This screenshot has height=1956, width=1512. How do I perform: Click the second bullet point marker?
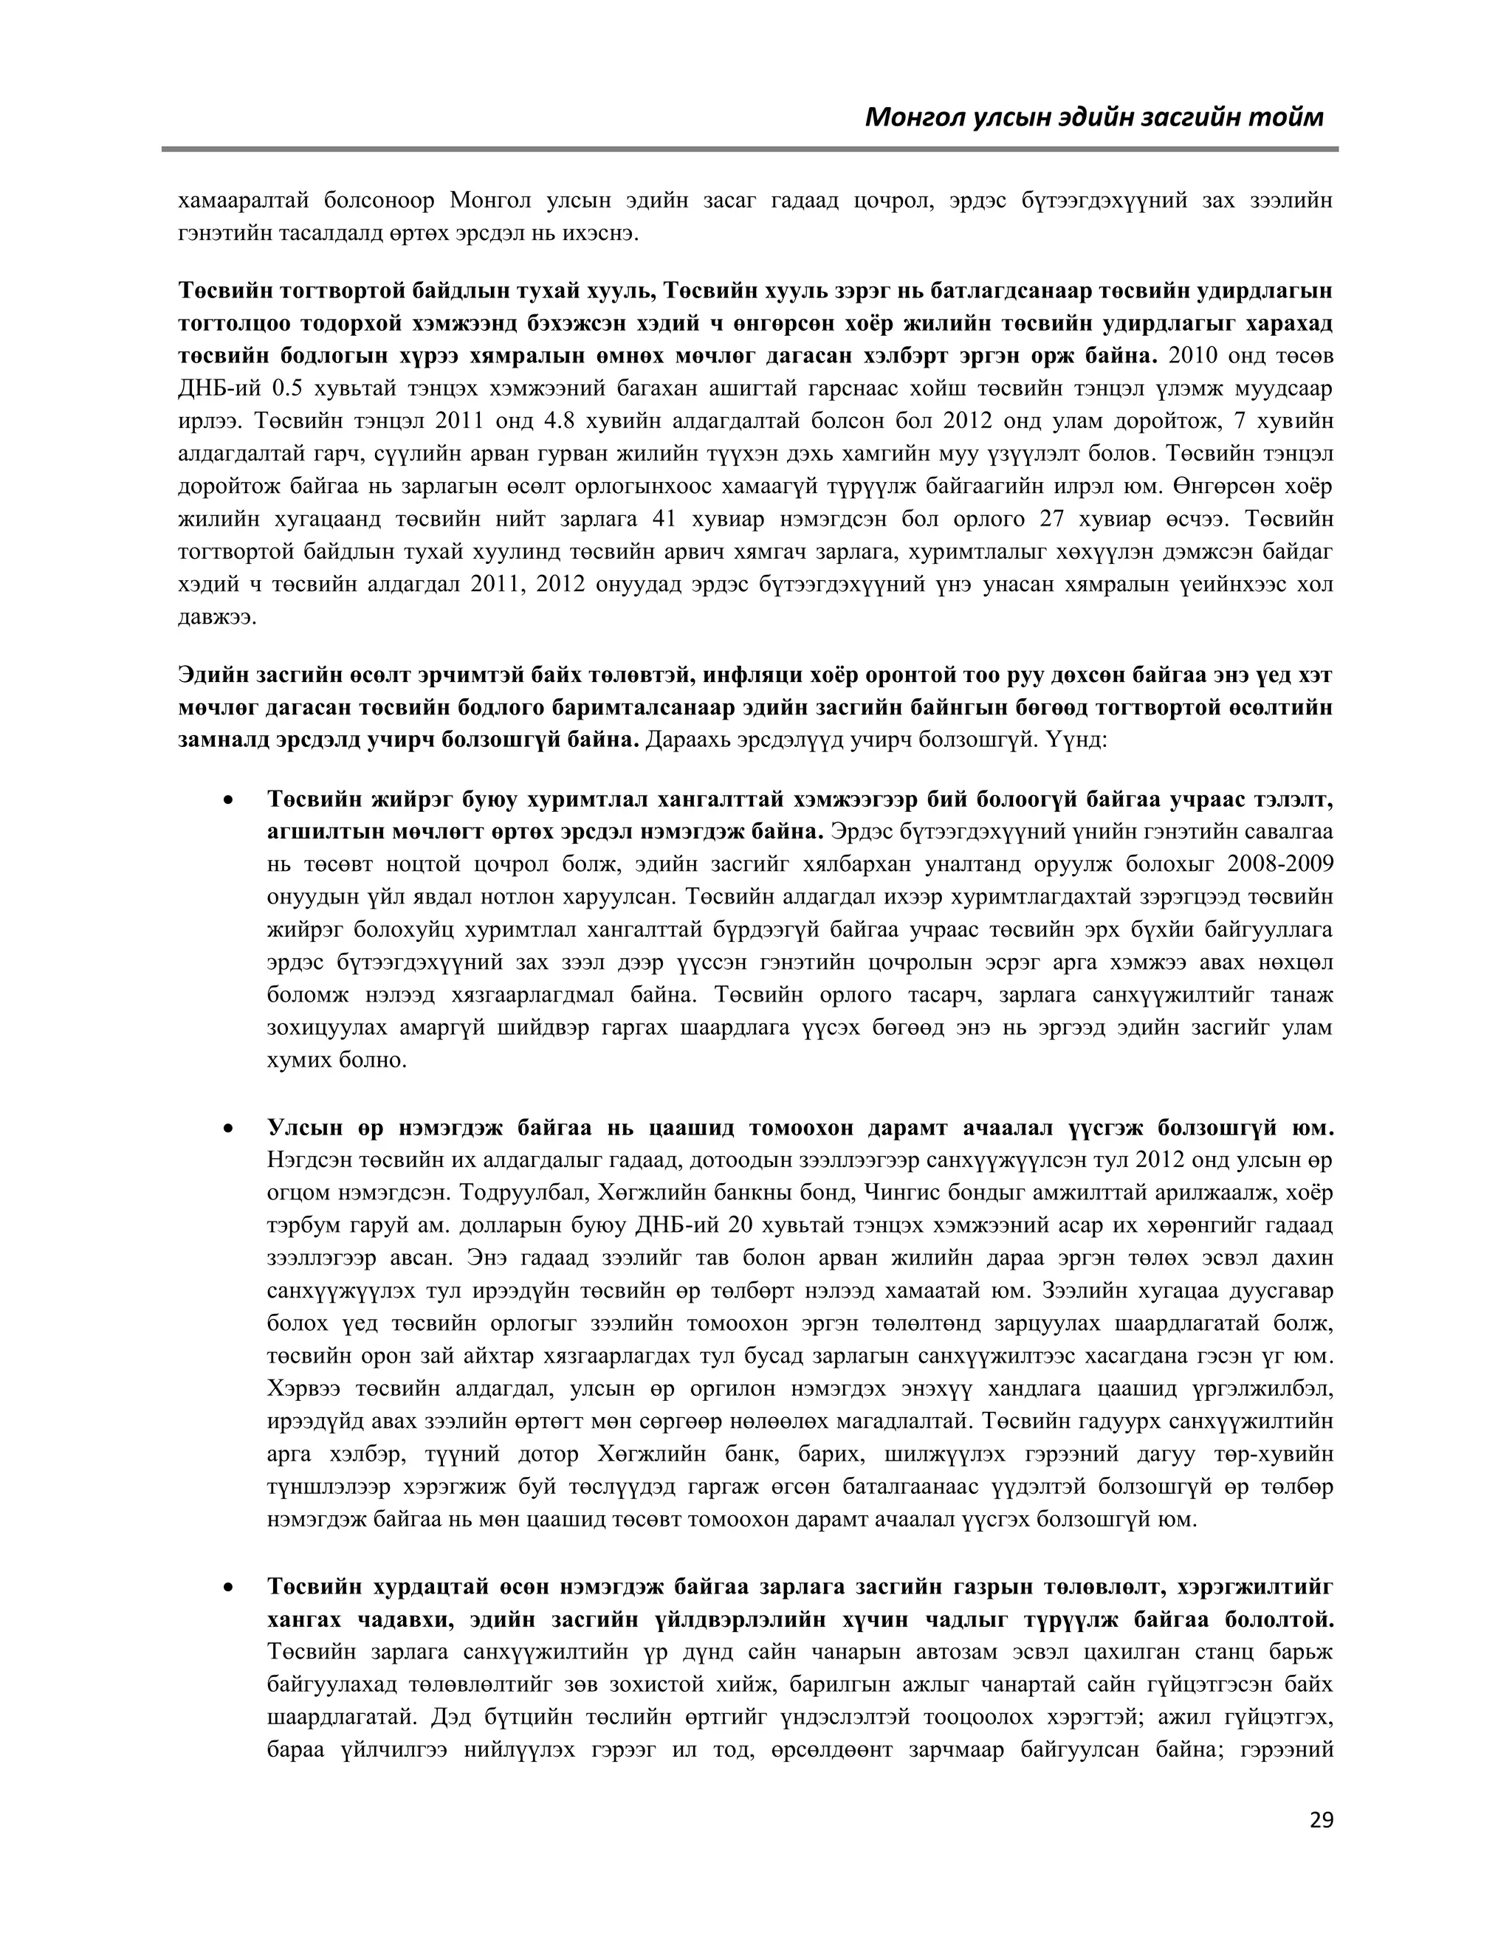pos(230,1129)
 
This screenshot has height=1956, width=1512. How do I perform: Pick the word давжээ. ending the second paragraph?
pos(218,618)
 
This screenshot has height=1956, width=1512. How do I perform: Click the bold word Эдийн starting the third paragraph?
pos(213,675)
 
